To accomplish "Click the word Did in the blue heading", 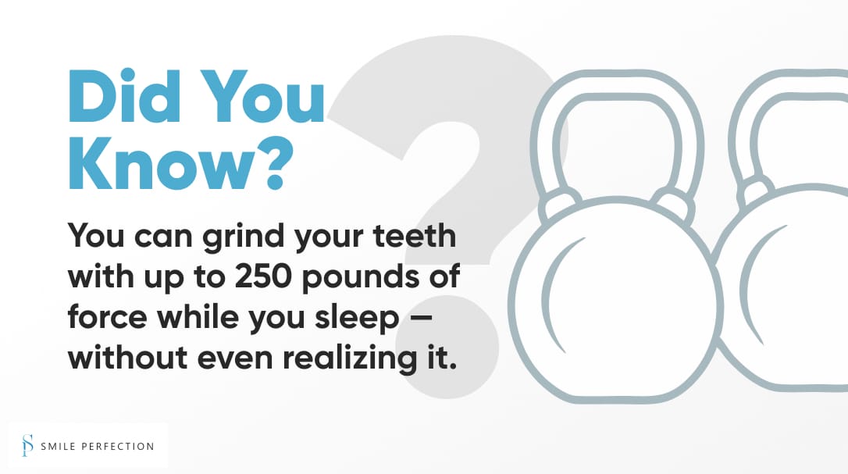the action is click(x=124, y=96).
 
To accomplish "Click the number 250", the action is click(x=263, y=276).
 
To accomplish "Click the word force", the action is click(x=107, y=316).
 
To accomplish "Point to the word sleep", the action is click(x=357, y=319).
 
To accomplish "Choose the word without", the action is click(x=127, y=357).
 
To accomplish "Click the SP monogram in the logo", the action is click(x=27, y=445).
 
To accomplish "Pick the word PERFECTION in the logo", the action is click(x=118, y=447).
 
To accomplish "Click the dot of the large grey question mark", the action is click(x=447, y=347).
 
